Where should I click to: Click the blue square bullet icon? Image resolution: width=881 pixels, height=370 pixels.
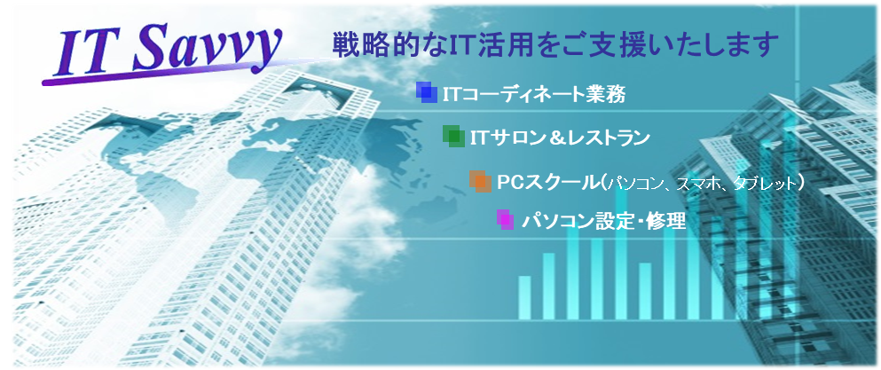pyautogui.click(x=427, y=93)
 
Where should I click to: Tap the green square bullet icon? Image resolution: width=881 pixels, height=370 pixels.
pyautogui.click(x=453, y=136)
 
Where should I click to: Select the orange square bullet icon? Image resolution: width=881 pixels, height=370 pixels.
pyautogui.click(x=480, y=181)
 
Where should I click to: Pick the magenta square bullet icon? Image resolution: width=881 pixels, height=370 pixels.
pyautogui.click(x=505, y=219)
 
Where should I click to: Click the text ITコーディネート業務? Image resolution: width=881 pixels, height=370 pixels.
pyautogui.click(x=534, y=94)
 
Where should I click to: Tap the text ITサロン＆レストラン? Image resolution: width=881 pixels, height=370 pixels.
pyautogui.click(x=560, y=138)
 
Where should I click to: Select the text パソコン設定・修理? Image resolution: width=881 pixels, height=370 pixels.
pyautogui.click(x=603, y=220)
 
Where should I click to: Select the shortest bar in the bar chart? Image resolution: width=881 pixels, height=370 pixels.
pyautogui.click(x=524, y=297)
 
